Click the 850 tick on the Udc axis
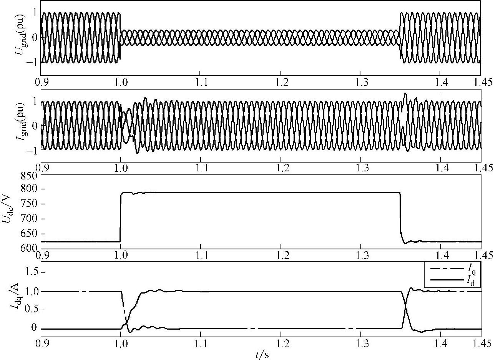(29, 176)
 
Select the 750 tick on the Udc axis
(29, 204)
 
